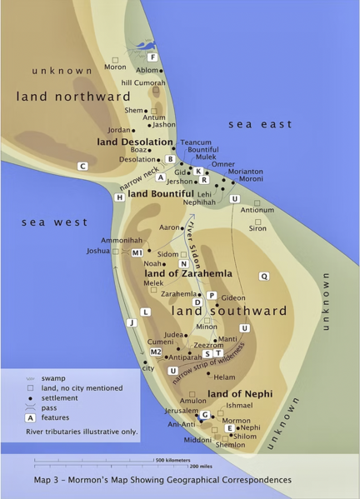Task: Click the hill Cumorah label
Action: [143, 83]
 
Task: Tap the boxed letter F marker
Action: [152, 57]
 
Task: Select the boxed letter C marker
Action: [82, 166]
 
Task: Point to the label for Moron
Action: [114, 67]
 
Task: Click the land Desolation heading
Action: [134, 142]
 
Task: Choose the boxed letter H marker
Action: [120, 197]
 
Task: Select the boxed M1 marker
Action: [137, 252]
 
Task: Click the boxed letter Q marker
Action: [264, 276]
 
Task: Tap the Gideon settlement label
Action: [233, 297]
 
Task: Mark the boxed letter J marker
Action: [130, 322]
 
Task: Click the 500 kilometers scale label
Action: [173, 460]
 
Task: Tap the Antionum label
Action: [257, 210]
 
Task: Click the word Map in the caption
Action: [45, 480]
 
